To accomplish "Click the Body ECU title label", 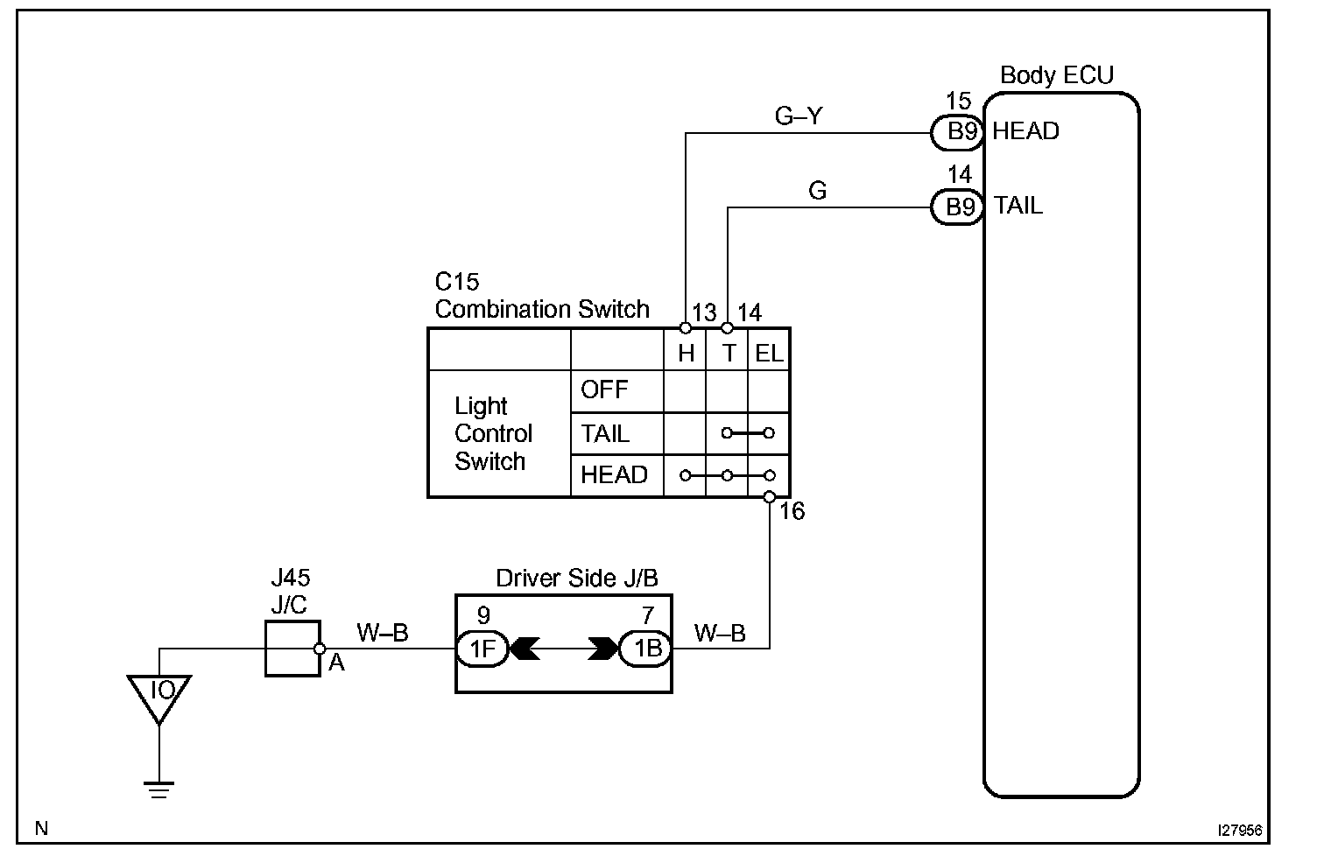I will [1056, 75].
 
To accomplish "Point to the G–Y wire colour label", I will [799, 115].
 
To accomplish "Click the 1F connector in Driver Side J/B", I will [482, 649].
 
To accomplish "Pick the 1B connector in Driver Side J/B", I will [645, 649].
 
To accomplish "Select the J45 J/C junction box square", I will [292, 649].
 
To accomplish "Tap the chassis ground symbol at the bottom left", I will [159, 789].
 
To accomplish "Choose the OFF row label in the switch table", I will [605, 389].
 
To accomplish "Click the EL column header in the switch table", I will [769, 354].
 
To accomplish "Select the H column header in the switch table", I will [686, 354].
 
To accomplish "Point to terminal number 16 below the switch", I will [792, 511].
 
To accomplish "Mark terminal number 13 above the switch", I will [704, 312].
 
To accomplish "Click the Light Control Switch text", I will [493, 434].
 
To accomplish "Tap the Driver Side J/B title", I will [577, 578].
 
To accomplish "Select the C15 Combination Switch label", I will [541, 296].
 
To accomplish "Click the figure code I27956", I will [1238, 829].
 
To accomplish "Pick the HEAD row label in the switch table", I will [614, 475].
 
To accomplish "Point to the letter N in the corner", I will [41, 827].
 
